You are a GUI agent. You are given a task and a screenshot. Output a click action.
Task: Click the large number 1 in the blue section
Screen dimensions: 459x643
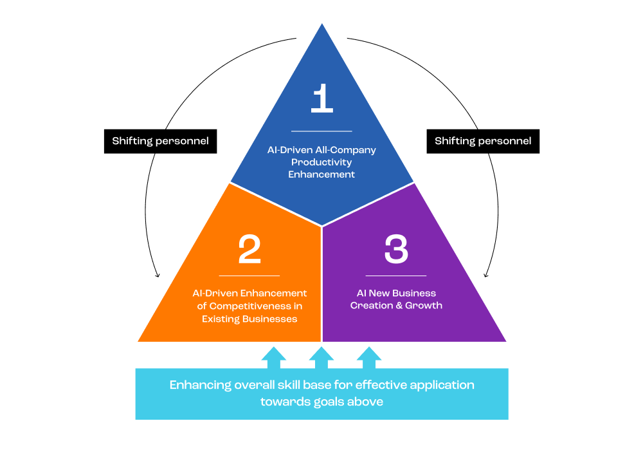322,100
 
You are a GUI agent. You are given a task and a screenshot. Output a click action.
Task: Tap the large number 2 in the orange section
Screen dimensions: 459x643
249,249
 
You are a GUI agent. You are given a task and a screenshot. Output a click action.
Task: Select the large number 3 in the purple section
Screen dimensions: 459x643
396,249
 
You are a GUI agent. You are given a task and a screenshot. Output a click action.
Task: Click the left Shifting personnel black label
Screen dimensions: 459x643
160,141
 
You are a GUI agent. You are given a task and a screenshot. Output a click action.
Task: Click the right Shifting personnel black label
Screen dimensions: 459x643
483,141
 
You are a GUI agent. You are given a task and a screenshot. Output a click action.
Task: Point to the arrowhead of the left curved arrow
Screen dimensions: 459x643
158,276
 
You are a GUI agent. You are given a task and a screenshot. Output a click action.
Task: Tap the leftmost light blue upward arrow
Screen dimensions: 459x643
274,357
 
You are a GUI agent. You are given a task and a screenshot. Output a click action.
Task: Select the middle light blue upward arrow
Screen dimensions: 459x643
321,357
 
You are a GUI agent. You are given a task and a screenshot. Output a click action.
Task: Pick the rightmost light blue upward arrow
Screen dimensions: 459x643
369,357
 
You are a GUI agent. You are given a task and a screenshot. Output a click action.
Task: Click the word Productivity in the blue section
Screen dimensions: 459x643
321,162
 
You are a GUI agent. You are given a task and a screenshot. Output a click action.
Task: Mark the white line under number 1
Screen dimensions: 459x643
321,131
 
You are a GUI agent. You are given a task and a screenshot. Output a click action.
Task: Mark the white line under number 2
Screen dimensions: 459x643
249,276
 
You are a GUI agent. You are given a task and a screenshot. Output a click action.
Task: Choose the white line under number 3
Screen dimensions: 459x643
396,276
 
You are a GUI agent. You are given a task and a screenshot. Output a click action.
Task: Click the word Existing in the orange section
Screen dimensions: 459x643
221,319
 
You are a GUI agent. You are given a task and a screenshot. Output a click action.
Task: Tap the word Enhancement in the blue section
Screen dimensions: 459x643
321,174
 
